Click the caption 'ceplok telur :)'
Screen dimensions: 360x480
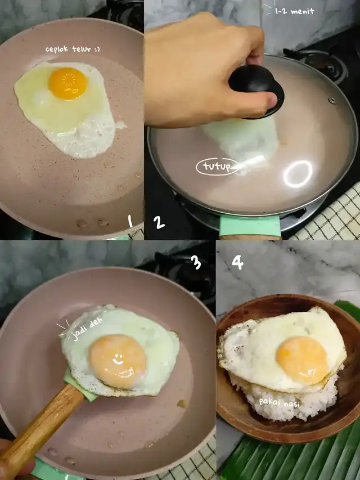(73, 49)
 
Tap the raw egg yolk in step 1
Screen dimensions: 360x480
(68, 84)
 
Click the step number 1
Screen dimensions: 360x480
(130, 221)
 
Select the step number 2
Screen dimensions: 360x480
(159, 222)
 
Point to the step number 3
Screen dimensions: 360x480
(196, 262)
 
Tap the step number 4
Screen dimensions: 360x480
(237, 262)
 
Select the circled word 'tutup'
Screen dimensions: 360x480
(217, 167)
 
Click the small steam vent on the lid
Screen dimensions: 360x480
(331, 100)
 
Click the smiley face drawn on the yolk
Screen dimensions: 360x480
(118, 360)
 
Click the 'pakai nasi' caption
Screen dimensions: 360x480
(280, 402)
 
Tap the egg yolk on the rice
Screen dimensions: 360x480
(302, 360)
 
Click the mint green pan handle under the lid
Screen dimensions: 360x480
(250, 226)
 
